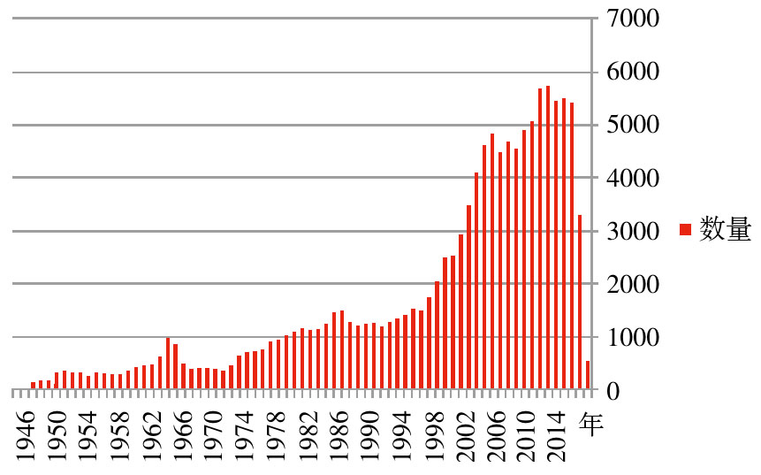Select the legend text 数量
tap(725, 230)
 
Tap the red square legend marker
tap(684, 230)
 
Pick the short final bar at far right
tap(588, 375)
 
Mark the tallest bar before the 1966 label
tap(168, 364)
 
